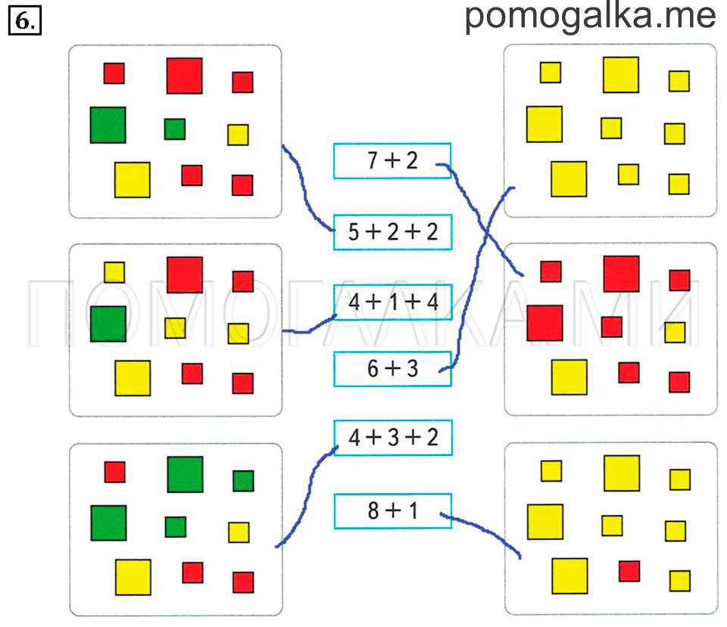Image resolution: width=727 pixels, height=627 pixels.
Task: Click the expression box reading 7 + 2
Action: click(x=392, y=160)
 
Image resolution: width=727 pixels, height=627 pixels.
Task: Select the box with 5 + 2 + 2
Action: click(x=393, y=232)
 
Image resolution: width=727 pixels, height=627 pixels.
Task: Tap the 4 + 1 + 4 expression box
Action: click(x=393, y=302)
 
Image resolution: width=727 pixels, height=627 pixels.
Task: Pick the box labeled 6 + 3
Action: click(x=393, y=368)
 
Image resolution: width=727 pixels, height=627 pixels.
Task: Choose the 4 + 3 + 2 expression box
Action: click(x=393, y=438)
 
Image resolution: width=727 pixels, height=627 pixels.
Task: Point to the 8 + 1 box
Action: click(x=393, y=511)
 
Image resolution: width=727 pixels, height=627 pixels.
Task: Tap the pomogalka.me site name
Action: click(x=590, y=17)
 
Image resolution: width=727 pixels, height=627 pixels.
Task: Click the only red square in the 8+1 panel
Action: click(x=629, y=571)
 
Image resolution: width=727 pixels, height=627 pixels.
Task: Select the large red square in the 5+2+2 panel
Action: click(x=185, y=76)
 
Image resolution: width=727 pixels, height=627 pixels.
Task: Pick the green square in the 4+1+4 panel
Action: click(x=108, y=324)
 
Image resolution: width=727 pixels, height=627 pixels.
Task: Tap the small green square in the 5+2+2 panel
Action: click(x=175, y=129)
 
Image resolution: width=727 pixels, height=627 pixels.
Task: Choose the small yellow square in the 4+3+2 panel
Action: click(x=239, y=532)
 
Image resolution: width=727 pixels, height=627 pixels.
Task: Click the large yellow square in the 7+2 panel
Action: click(x=569, y=377)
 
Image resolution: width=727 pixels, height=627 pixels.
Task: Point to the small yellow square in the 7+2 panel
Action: click(x=675, y=333)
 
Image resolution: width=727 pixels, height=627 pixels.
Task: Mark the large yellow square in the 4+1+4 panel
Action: click(x=133, y=378)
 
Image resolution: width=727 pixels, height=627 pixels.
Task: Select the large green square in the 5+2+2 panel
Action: click(x=108, y=125)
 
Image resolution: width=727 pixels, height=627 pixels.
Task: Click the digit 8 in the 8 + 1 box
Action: click(x=373, y=511)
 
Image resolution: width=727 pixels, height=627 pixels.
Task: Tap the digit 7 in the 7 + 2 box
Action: click(x=373, y=160)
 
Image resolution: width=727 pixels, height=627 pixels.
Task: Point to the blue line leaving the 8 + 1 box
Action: click(x=483, y=528)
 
